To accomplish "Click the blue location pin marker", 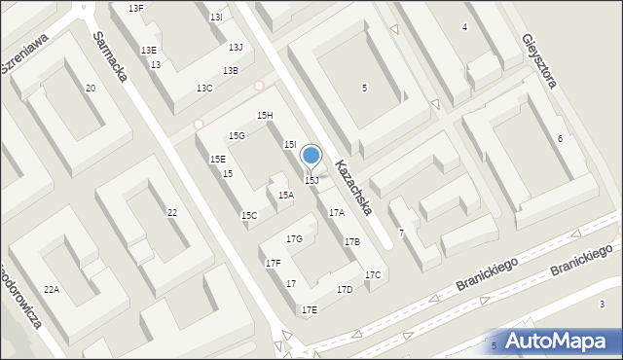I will pos(311,156).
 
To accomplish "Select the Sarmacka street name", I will pos(112,57).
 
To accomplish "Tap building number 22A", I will pos(51,289).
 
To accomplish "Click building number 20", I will pos(90,89).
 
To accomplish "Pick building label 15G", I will pos(237,136).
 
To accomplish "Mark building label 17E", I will pos(309,309).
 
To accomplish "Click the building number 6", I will pos(560,139).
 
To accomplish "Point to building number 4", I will pos(464,27).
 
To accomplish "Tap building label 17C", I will pos(373,275).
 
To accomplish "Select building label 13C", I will pos(204,89).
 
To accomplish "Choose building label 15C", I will pos(249,215).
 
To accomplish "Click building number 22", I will pos(172,213).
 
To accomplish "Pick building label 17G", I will pos(294,239).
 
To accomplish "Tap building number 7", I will pos(401,234).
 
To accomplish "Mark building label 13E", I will pos(148,51).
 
